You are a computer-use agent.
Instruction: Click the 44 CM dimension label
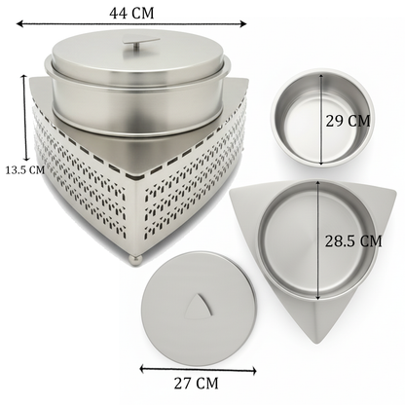pos(131,14)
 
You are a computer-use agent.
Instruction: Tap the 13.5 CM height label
pos(24,169)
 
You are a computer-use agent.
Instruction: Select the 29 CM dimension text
pos(348,121)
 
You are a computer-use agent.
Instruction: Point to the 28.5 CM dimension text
pos(353,241)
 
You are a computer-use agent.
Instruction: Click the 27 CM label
pos(196,384)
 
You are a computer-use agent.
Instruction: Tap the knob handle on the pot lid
pos(140,44)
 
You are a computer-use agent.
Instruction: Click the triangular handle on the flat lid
pos(200,307)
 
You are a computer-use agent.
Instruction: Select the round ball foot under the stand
pos(135,260)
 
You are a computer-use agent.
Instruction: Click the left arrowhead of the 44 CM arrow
pos(18,23)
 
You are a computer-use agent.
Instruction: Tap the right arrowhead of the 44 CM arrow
pos(243,23)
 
